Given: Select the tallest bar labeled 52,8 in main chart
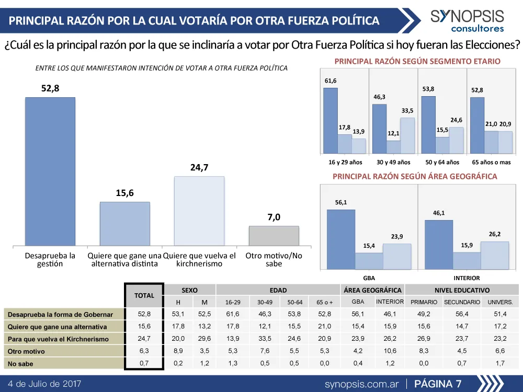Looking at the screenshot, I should pyautogui.click(x=50, y=171).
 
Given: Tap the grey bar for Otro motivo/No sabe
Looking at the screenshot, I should pyautogui.click(x=274, y=236).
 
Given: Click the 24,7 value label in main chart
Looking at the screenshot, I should pyautogui.click(x=199, y=168).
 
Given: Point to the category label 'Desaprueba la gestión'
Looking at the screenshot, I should pyautogui.click(x=50, y=260).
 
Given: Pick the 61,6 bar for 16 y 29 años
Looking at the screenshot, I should pyautogui.click(x=330, y=121).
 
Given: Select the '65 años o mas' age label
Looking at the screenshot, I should pyautogui.click(x=491, y=163).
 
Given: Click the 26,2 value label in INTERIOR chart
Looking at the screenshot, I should pyautogui.click(x=494, y=234).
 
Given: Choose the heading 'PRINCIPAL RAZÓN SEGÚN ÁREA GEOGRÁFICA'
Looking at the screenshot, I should pyautogui.click(x=415, y=177).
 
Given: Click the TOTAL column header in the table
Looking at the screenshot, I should pyautogui.click(x=144, y=295).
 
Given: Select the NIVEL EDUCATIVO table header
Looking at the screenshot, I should pyautogui.click(x=462, y=290).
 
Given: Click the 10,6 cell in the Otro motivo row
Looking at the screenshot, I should pyautogui.click(x=390, y=351).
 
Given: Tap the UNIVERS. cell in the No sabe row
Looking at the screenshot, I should pyautogui.click(x=500, y=363).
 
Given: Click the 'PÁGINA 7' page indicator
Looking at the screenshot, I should pyautogui.click(x=438, y=384).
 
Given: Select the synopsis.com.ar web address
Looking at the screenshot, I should pyautogui.click(x=361, y=384).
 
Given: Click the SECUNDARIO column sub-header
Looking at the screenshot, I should pyautogui.click(x=462, y=302).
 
